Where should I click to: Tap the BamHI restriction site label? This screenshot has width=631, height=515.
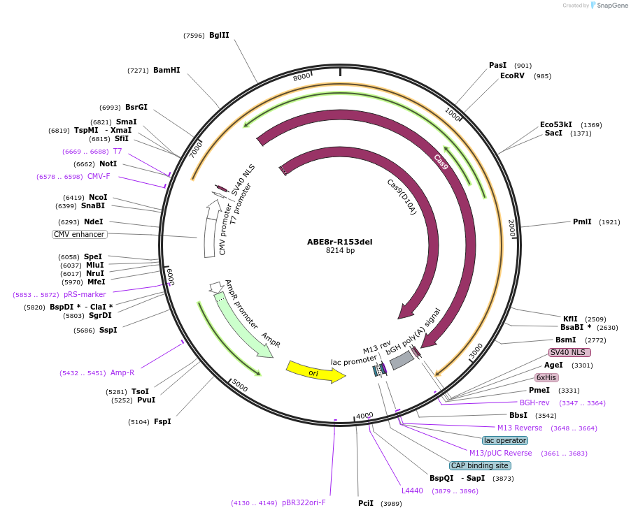[x=166, y=70]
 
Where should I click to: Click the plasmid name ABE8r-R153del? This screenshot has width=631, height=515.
[x=339, y=242]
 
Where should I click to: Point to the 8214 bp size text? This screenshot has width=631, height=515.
[x=340, y=250]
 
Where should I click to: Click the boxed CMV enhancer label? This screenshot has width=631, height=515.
[x=79, y=234]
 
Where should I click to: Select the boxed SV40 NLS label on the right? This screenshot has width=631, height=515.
[x=570, y=352]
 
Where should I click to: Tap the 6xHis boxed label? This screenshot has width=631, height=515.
[x=546, y=377]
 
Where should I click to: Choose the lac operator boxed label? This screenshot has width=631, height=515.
[x=505, y=440]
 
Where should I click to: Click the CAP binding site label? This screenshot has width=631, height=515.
[x=480, y=465]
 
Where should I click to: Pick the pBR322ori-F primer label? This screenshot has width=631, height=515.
[x=304, y=502]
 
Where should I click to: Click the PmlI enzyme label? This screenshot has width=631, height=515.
[x=582, y=222]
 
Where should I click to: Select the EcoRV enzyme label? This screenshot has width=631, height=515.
[x=512, y=75]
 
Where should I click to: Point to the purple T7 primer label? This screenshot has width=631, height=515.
[x=118, y=151]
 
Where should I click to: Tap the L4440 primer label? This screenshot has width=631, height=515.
[x=412, y=491]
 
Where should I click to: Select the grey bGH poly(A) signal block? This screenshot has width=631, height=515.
[x=402, y=360]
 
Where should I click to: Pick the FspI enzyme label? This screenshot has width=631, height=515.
[x=162, y=421]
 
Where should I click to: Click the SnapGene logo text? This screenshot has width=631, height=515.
[x=612, y=6]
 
